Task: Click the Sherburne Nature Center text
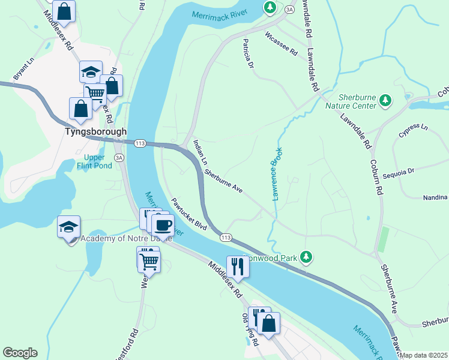click(x=357, y=101)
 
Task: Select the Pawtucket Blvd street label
click(x=188, y=215)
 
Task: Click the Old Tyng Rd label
click(x=250, y=330)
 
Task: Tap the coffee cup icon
click(x=162, y=226)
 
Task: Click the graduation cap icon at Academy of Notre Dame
click(x=68, y=227)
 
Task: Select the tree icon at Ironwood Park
click(x=307, y=257)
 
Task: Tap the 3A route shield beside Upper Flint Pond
click(x=119, y=158)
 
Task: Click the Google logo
click(x=20, y=353)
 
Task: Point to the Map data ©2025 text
click(x=423, y=355)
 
